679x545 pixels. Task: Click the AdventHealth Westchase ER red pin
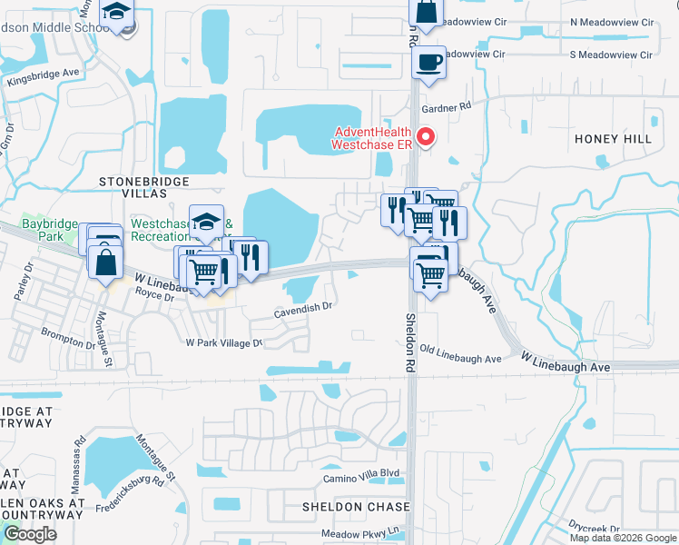pyautogui.click(x=425, y=137)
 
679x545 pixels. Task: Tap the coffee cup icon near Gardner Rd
pyautogui.click(x=428, y=63)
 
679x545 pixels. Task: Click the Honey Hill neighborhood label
pyautogui.click(x=613, y=138)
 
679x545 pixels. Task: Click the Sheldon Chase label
pyautogui.click(x=356, y=506)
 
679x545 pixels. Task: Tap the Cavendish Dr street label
pyautogui.click(x=305, y=308)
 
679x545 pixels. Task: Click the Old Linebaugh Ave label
pyautogui.click(x=461, y=360)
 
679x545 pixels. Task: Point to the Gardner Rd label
pyautogui.click(x=447, y=107)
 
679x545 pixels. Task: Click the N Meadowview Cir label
pyautogui.click(x=611, y=22)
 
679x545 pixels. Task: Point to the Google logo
pyautogui.click(x=30, y=534)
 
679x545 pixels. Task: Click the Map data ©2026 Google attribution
pyautogui.click(x=623, y=538)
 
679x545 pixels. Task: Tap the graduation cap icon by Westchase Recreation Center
pyautogui.click(x=206, y=223)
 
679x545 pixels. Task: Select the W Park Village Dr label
pyautogui.click(x=223, y=343)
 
